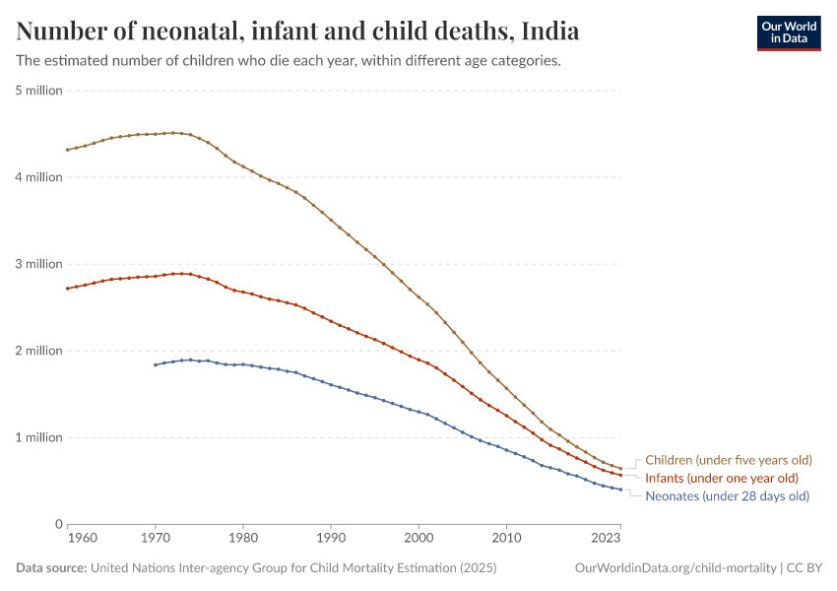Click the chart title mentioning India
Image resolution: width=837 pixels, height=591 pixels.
297,32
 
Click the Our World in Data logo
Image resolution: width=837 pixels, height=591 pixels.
788,33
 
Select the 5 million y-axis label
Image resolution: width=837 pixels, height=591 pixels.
39,91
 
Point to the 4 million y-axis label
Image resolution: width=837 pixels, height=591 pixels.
39,177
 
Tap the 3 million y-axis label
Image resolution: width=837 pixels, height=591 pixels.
39,264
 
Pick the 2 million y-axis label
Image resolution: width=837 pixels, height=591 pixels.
39,351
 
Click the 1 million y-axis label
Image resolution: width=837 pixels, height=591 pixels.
39,437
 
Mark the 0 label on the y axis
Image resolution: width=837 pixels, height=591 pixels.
59,524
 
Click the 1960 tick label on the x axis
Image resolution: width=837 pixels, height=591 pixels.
83,539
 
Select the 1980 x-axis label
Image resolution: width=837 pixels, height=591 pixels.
243,539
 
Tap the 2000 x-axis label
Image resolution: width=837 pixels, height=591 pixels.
418,539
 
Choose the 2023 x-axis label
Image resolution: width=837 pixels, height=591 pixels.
606,539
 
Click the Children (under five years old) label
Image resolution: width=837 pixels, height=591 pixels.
728,460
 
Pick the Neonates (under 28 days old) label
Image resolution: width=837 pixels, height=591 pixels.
727,495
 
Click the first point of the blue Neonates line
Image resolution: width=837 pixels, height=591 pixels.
155,364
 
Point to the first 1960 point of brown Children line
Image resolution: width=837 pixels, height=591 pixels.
67,150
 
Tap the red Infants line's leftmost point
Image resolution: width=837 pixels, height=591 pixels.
67,289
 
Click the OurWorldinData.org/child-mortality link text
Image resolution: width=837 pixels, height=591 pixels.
675,568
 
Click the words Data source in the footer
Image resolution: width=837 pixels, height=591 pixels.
51,568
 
